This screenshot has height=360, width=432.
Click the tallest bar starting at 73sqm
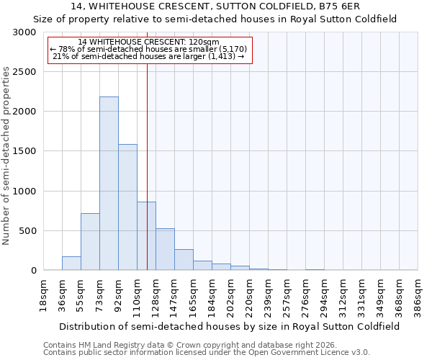(x=109, y=184)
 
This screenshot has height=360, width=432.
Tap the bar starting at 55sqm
(x=90, y=242)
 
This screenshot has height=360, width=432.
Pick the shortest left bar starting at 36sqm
(x=71, y=264)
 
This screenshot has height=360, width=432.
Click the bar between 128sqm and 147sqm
(x=165, y=250)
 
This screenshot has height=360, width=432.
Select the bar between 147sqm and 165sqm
(x=184, y=260)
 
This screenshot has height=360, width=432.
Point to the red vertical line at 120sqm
(x=147, y=166)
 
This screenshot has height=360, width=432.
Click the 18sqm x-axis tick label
(x=44, y=296)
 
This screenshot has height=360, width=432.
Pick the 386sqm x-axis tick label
(x=418, y=296)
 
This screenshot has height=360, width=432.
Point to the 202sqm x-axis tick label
(x=231, y=296)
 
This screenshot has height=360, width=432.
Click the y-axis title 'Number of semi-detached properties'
(x=7, y=156)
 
